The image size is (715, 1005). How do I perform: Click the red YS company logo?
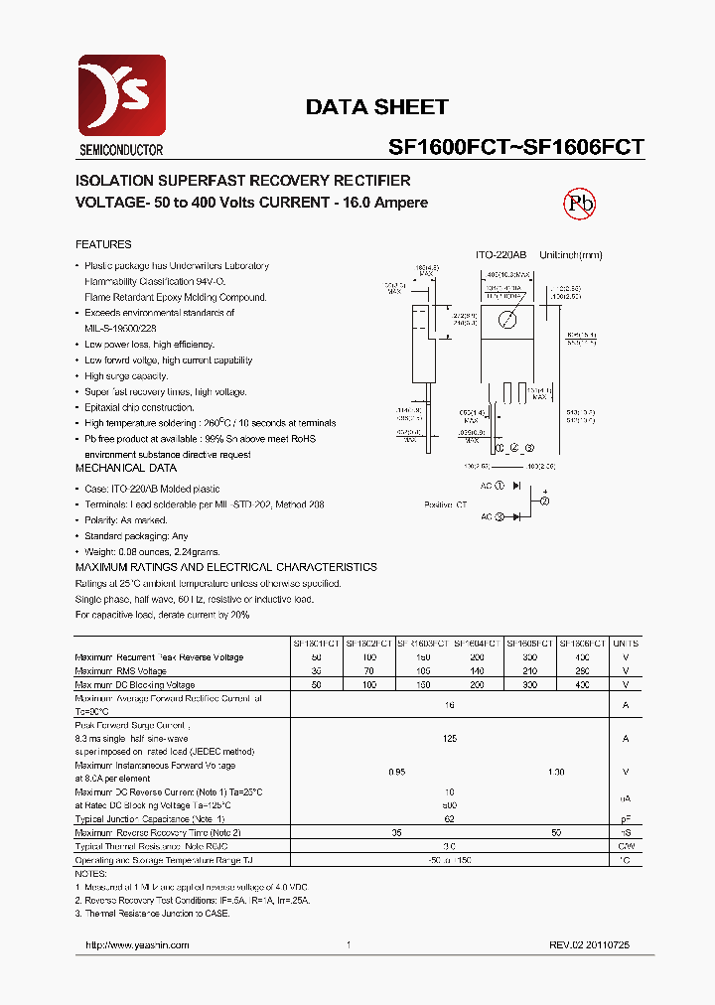[121, 97]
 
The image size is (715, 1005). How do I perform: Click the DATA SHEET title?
[376, 107]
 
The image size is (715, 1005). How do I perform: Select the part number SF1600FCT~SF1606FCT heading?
[515, 147]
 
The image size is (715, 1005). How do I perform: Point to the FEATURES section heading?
[103, 244]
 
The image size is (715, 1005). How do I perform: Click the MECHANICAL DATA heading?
[126, 468]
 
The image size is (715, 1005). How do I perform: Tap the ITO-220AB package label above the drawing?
[500, 255]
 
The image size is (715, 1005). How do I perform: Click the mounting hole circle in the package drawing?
[507, 319]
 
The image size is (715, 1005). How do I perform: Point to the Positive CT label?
[446, 504]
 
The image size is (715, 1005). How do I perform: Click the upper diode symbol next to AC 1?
[515, 486]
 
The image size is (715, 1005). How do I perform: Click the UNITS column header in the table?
[626, 644]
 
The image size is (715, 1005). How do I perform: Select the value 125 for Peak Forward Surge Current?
[449, 739]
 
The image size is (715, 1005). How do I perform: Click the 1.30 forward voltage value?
[556, 772]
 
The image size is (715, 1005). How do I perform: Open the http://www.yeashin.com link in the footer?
[137, 945]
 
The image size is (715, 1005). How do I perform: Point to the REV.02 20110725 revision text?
[589, 945]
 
